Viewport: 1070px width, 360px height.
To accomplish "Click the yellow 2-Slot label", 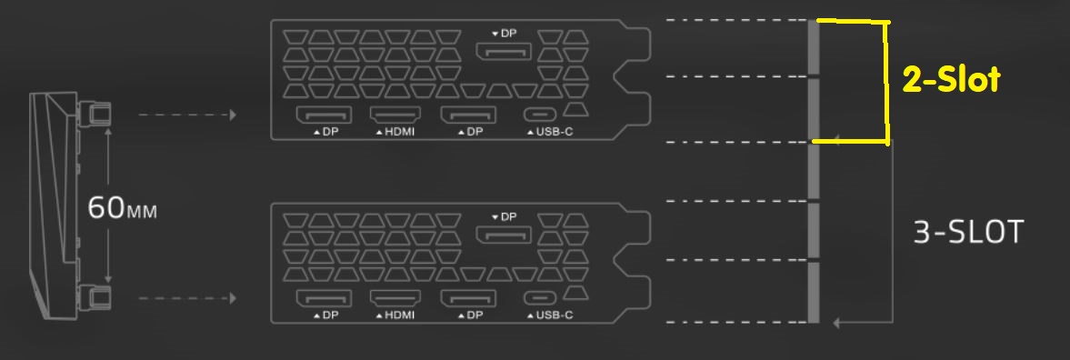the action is point(951,80).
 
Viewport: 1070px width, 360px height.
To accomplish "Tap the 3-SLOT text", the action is point(968,233).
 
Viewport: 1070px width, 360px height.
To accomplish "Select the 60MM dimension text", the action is point(122,208).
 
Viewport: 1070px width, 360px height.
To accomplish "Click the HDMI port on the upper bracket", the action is point(395,115).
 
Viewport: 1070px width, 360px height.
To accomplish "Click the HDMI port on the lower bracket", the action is point(395,298).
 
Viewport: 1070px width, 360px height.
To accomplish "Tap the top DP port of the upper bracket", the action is point(503,51).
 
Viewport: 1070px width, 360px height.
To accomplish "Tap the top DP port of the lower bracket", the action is point(503,235).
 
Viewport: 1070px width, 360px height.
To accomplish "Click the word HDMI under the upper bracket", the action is point(399,132).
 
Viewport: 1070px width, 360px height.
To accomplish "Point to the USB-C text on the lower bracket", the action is point(555,315).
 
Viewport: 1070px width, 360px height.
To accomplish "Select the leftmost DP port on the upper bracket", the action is point(324,115).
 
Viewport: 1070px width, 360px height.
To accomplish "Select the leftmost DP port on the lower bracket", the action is point(324,298).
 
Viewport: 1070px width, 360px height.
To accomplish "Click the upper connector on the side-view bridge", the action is point(95,113).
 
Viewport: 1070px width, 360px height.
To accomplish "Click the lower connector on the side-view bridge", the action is point(95,297).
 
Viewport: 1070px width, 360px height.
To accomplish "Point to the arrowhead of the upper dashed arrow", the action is point(233,115).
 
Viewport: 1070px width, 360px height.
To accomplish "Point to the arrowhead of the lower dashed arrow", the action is point(233,298).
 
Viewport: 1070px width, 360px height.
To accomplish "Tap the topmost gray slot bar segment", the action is point(814,47).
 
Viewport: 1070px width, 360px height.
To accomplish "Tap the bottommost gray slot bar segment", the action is point(814,293).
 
